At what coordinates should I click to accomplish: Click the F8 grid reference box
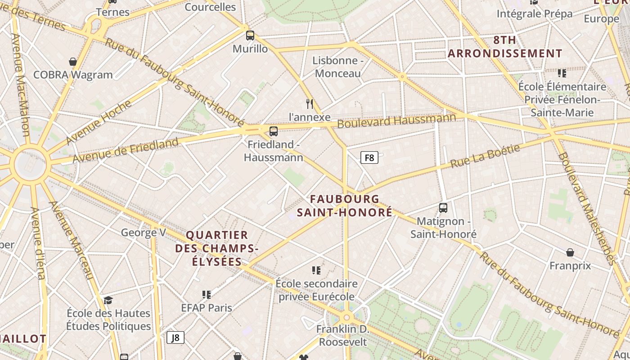coord(369,157)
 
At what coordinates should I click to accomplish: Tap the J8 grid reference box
coord(175,337)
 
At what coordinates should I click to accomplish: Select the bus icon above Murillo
coord(250,36)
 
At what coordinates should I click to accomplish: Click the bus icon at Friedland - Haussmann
coord(273,131)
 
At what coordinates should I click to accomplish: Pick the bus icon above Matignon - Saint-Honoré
coord(443,208)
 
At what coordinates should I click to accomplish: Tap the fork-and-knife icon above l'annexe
coord(310,104)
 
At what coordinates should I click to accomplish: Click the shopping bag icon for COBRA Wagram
coord(73,62)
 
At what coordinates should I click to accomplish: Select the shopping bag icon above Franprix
coord(570,252)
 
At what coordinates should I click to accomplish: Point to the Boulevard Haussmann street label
coord(396,120)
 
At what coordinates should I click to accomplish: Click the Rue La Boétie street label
coord(485,156)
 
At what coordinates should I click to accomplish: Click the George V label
coord(144,233)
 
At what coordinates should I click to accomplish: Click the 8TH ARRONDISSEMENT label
coord(505,47)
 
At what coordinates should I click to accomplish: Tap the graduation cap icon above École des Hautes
coord(108,300)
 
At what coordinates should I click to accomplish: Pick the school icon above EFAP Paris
coord(207,295)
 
